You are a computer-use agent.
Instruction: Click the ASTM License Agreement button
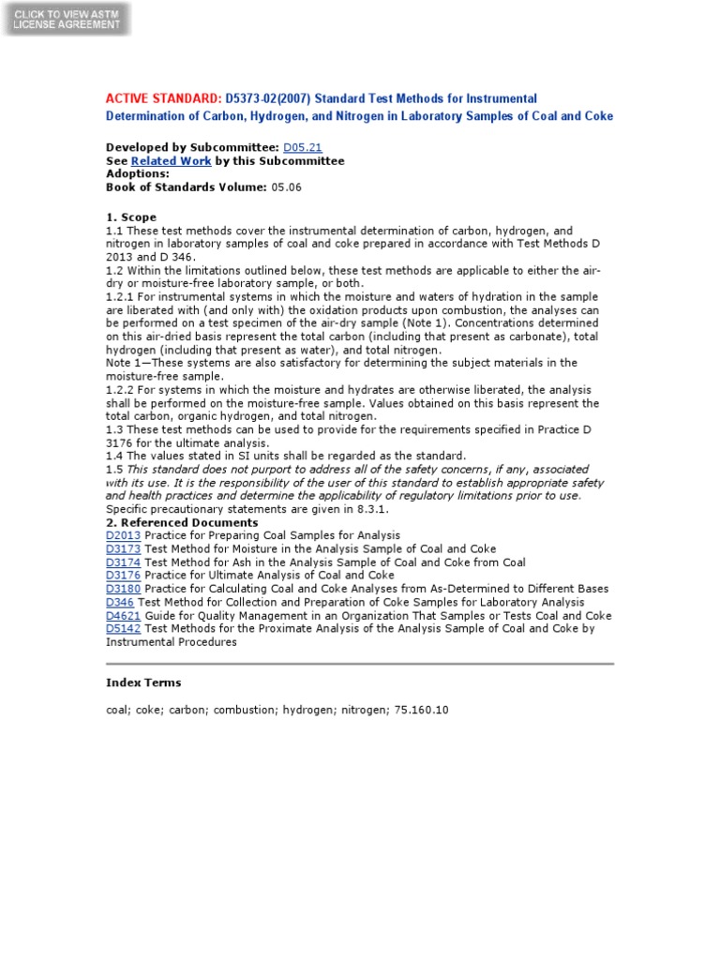click(67, 19)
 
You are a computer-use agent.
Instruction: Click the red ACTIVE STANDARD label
click(163, 98)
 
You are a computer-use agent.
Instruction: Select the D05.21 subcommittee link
click(302, 148)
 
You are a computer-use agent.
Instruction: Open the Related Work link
click(171, 161)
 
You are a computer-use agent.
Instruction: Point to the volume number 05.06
click(287, 187)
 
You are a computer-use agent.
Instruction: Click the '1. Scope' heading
click(131, 217)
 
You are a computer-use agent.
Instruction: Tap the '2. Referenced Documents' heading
click(182, 522)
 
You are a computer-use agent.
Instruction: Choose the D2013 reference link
click(123, 535)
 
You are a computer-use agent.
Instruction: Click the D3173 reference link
click(123, 549)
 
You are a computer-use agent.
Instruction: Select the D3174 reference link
click(123, 562)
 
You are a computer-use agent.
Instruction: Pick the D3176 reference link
click(123, 576)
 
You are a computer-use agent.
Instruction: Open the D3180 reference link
click(123, 589)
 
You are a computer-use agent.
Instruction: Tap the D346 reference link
click(120, 602)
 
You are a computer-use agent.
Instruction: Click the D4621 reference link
click(123, 616)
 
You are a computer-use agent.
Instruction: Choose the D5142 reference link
click(123, 629)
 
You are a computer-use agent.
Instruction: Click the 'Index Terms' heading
click(143, 682)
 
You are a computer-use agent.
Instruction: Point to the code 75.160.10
click(421, 710)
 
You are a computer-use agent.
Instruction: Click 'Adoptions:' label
click(138, 174)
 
